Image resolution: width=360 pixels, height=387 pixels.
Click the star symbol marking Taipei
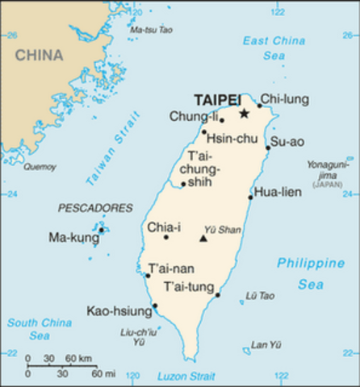(244, 114)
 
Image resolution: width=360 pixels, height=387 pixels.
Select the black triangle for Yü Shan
(203, 239)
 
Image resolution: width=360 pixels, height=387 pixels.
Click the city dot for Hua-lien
(250, 197)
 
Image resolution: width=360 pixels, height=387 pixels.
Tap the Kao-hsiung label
(119, 310)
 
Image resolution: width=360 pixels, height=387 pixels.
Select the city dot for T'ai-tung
(217, 295)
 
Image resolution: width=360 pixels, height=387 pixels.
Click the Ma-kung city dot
(101, 230)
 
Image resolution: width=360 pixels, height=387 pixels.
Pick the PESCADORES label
(95, 208)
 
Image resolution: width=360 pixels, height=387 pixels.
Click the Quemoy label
(40, 167)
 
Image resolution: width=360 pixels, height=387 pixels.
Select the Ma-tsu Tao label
(151, 30)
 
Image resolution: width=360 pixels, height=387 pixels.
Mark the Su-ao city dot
(268, 148)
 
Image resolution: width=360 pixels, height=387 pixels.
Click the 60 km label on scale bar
(77, 357)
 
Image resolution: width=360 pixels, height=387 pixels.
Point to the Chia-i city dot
(166, 237)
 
